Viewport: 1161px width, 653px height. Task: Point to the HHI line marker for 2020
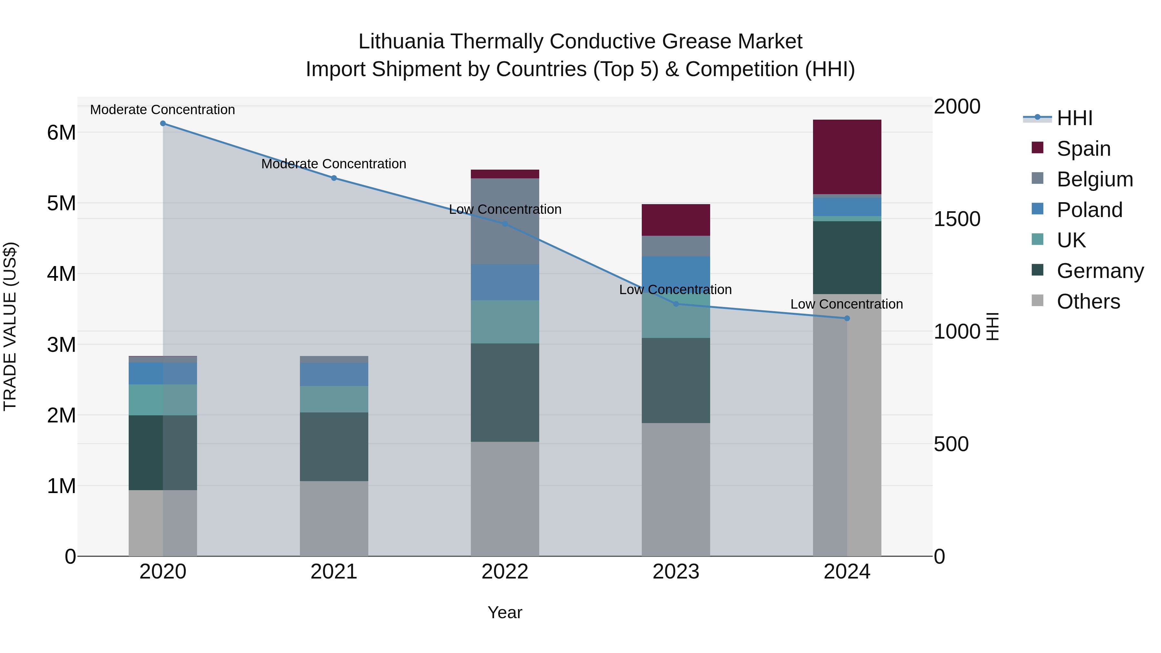point(163,124)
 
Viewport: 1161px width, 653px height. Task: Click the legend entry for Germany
point(1100,271)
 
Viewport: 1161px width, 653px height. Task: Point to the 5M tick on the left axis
point(62,203)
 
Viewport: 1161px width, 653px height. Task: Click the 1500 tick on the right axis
point(957,219)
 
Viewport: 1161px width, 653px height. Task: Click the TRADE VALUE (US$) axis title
point(10,326)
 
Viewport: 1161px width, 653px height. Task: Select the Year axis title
point(505,612)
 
